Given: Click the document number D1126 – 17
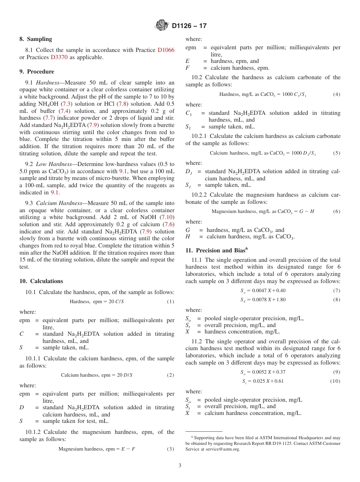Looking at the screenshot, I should pyautogui.click(x=189, y=26).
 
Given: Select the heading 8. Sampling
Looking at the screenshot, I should pyautogui.click(x=36, y=39).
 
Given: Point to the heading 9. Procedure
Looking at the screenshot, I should pyautogui.click(x=37, y=72).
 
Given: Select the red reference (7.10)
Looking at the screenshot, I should pyautogui.click(x=167, y=217).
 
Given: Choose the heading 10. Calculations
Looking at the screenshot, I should pyautogui.click(x=41, y=281).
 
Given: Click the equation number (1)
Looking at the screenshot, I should pyautogui.click(x=171, y=302).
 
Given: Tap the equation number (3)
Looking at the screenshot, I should pyautogui.click(x=171, y=449).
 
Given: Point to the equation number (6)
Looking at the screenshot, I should pyautogui.click(x=337, y=211).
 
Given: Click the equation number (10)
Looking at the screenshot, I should pyautogui.click(x=335, y=381).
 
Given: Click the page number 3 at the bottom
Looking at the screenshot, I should pyautogui.click(x=180, y=466).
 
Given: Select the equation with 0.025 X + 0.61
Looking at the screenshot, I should pyautogui.click(x=263, y=381).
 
